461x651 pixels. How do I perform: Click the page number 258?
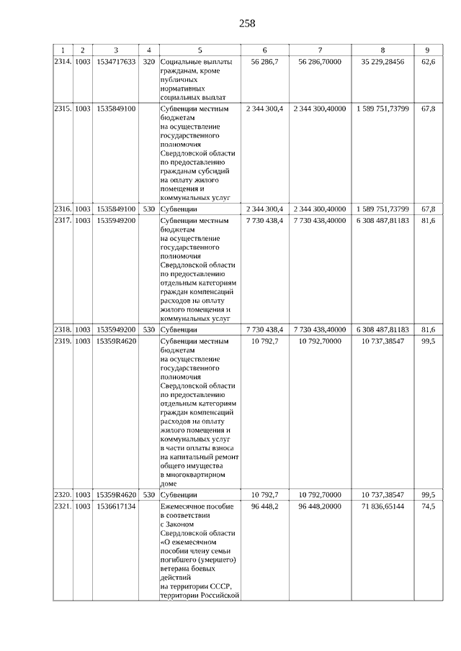247,23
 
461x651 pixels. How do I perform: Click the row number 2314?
63,63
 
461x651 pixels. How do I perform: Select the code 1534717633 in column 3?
116,63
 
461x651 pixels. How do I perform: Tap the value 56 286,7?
265,63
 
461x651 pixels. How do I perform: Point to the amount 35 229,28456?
382,63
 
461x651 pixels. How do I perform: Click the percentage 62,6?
428,63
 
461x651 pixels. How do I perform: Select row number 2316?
63,209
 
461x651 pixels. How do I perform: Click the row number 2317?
63,220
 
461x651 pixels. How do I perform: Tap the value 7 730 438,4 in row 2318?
265,329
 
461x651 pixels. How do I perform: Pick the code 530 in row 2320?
149,495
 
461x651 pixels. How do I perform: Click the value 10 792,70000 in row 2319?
320,341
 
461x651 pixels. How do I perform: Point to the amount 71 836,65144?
382,507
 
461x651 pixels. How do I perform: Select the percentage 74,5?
428,507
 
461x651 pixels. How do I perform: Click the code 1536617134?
116,507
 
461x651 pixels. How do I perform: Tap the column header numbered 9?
428,50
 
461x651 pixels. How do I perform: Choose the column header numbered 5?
200,50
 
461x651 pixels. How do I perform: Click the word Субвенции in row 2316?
179,209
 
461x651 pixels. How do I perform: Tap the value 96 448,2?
265,507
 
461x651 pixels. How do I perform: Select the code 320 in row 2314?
149,63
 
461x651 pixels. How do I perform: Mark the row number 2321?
63,507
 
